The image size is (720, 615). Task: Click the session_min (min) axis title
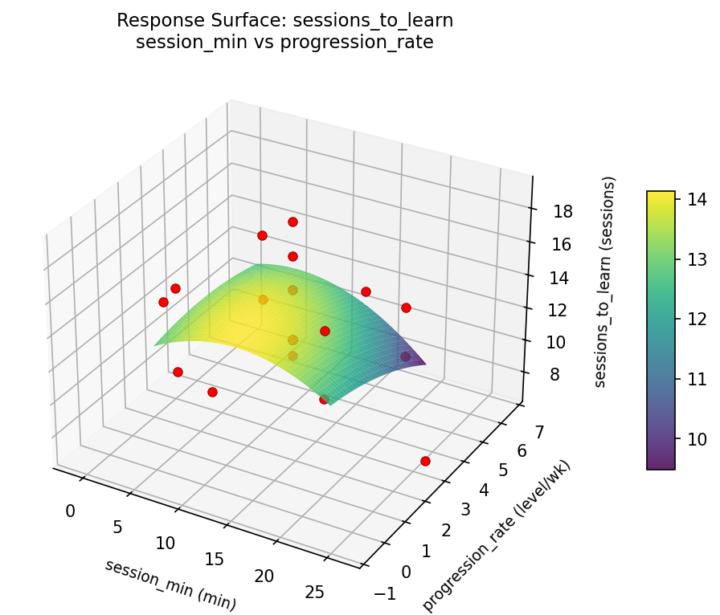[x=170, y=583]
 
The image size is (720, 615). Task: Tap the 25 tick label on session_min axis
[x=315, y=593]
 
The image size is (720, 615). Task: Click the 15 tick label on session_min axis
[x=215, y=559]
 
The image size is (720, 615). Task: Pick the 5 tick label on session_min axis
[x=117, y=527]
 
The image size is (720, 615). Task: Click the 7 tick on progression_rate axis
[x=538, y=432]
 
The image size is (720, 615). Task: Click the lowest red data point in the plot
[x=425, y=461]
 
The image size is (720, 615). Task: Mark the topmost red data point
[x=292, y=222]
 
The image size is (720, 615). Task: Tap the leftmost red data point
[x=163, y=302]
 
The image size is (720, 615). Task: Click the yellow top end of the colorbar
[x=661, y=196]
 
